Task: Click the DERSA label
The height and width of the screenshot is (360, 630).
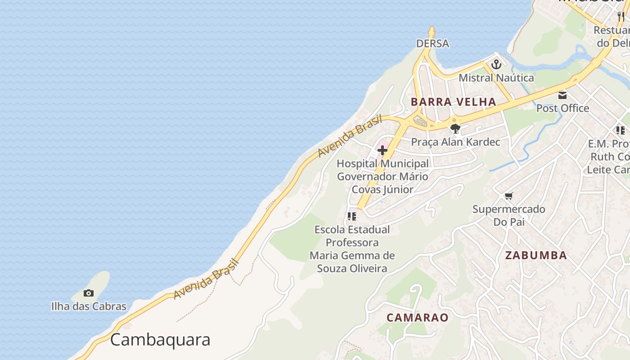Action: pos(432,44)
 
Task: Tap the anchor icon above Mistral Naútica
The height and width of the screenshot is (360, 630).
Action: pos(496,64)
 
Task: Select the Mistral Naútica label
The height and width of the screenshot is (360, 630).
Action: pos(496,78)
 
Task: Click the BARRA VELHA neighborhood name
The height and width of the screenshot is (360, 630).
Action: pos(453,102)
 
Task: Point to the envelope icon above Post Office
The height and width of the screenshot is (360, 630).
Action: pos(562,95)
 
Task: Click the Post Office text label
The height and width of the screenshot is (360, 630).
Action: pos(562,108)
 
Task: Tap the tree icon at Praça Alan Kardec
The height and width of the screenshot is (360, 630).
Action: pos(455,129)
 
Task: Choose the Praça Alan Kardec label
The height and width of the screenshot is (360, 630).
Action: pos(455,142)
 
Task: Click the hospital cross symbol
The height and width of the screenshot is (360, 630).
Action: pos(382,150)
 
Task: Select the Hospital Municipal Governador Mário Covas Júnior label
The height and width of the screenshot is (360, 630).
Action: pos(382,176)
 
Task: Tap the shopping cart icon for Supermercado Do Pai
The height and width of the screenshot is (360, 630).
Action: pos(508,196)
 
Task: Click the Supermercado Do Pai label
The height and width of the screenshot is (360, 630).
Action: pos(508,216)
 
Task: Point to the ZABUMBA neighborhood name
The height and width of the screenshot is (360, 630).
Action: pos(535,256)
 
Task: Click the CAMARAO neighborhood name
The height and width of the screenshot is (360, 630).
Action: pos(418,318)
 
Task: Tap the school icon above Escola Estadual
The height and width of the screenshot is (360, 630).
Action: pos(352,216)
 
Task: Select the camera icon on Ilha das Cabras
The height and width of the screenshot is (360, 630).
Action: pos(89,293)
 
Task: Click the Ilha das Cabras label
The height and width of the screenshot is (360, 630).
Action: pos(89,306)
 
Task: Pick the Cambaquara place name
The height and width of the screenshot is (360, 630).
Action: pos(160,340)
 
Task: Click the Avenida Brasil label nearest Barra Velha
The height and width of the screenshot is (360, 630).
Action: pos(350,136)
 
